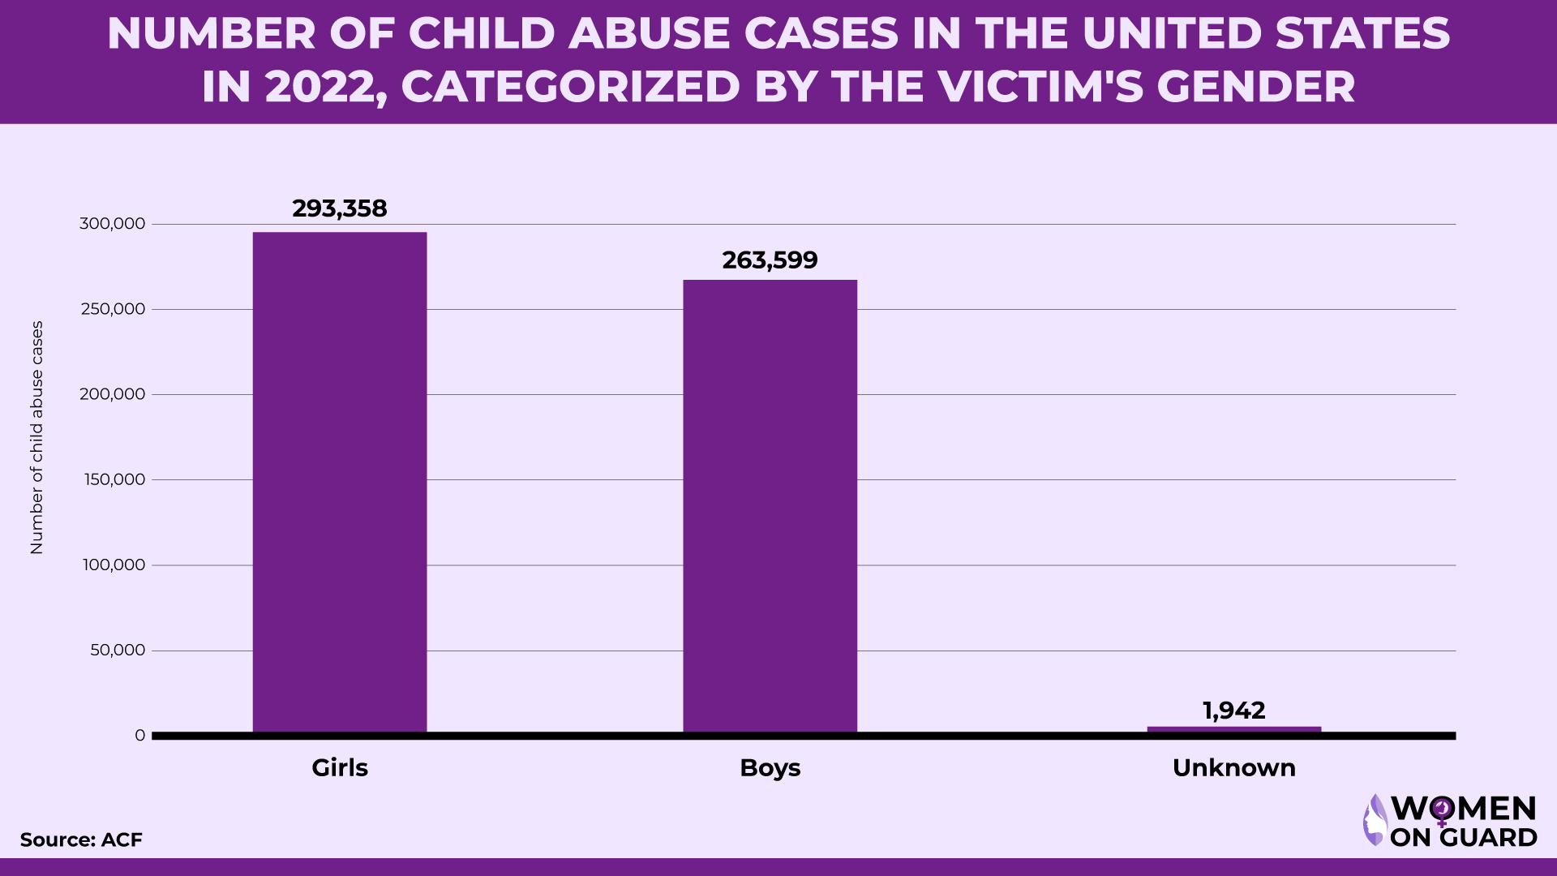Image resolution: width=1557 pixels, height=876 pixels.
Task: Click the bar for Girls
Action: point(340,482)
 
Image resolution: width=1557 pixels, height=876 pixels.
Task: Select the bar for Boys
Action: point(770,506)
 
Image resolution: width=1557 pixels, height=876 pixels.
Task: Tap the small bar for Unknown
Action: point(1233,729)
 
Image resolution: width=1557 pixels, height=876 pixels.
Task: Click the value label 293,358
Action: point(340,208)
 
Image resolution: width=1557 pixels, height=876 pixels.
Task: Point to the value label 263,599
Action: point(770,260)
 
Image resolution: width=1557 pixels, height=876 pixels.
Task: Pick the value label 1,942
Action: point(1233,711)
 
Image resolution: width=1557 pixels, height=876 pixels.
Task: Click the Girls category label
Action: point(340,767)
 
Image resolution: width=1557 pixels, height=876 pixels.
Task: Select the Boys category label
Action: point(770,767)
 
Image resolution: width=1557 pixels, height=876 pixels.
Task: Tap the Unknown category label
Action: point(1233,767)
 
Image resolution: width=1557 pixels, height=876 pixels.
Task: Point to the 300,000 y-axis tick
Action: point(113,224)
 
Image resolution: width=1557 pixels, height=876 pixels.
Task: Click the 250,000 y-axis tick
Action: point(113,309)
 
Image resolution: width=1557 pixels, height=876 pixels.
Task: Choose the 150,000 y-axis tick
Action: point(114,479)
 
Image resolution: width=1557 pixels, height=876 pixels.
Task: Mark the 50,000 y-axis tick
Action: point(118,650)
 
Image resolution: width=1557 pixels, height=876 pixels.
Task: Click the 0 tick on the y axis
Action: point(140,735)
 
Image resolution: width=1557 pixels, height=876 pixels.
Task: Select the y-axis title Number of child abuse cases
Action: point(36,438)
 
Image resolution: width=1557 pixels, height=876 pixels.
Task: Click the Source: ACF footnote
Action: point(81,839)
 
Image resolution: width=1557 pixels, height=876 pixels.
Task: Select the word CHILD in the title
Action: point(482,33)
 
